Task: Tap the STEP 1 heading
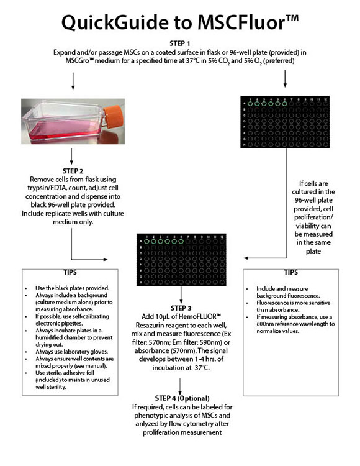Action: [180, 43]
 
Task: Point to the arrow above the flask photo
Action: [74, 80]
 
